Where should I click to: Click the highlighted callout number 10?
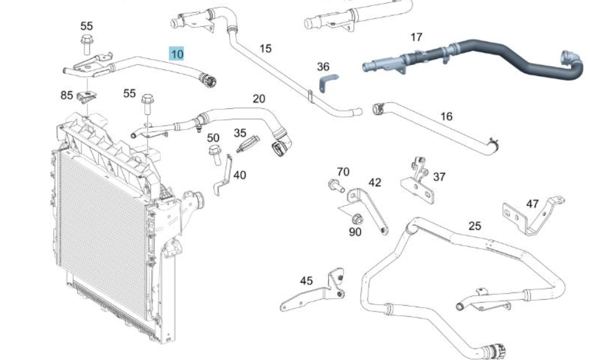(x=177, y=54)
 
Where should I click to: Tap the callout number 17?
(x=416, y=37)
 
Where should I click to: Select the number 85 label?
(x=66, y=95)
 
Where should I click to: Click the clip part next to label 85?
(x=87, y=97)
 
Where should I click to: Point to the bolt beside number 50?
(x=215, y=155)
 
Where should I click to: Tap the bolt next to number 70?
(x=336, y=186)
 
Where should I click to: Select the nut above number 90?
(x=357, y=219)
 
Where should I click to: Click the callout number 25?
(x=475, y=226)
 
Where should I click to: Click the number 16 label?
(x=446, y=116)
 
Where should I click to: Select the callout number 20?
(x=259, y=99)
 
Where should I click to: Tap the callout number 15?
(x=265, y=49)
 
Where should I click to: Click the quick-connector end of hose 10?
(x=208, y=80)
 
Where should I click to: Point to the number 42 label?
(x=375, y=182)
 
